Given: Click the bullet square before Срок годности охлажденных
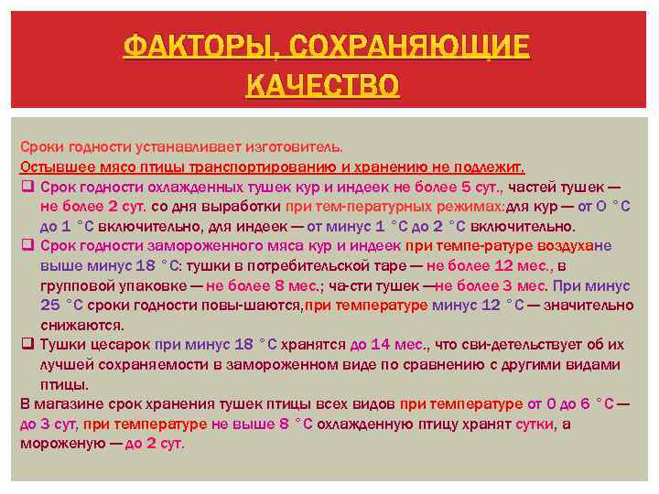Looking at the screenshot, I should (27, 187).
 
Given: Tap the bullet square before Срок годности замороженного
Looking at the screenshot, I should (27, 245).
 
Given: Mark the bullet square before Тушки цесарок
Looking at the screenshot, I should (27, 345).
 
